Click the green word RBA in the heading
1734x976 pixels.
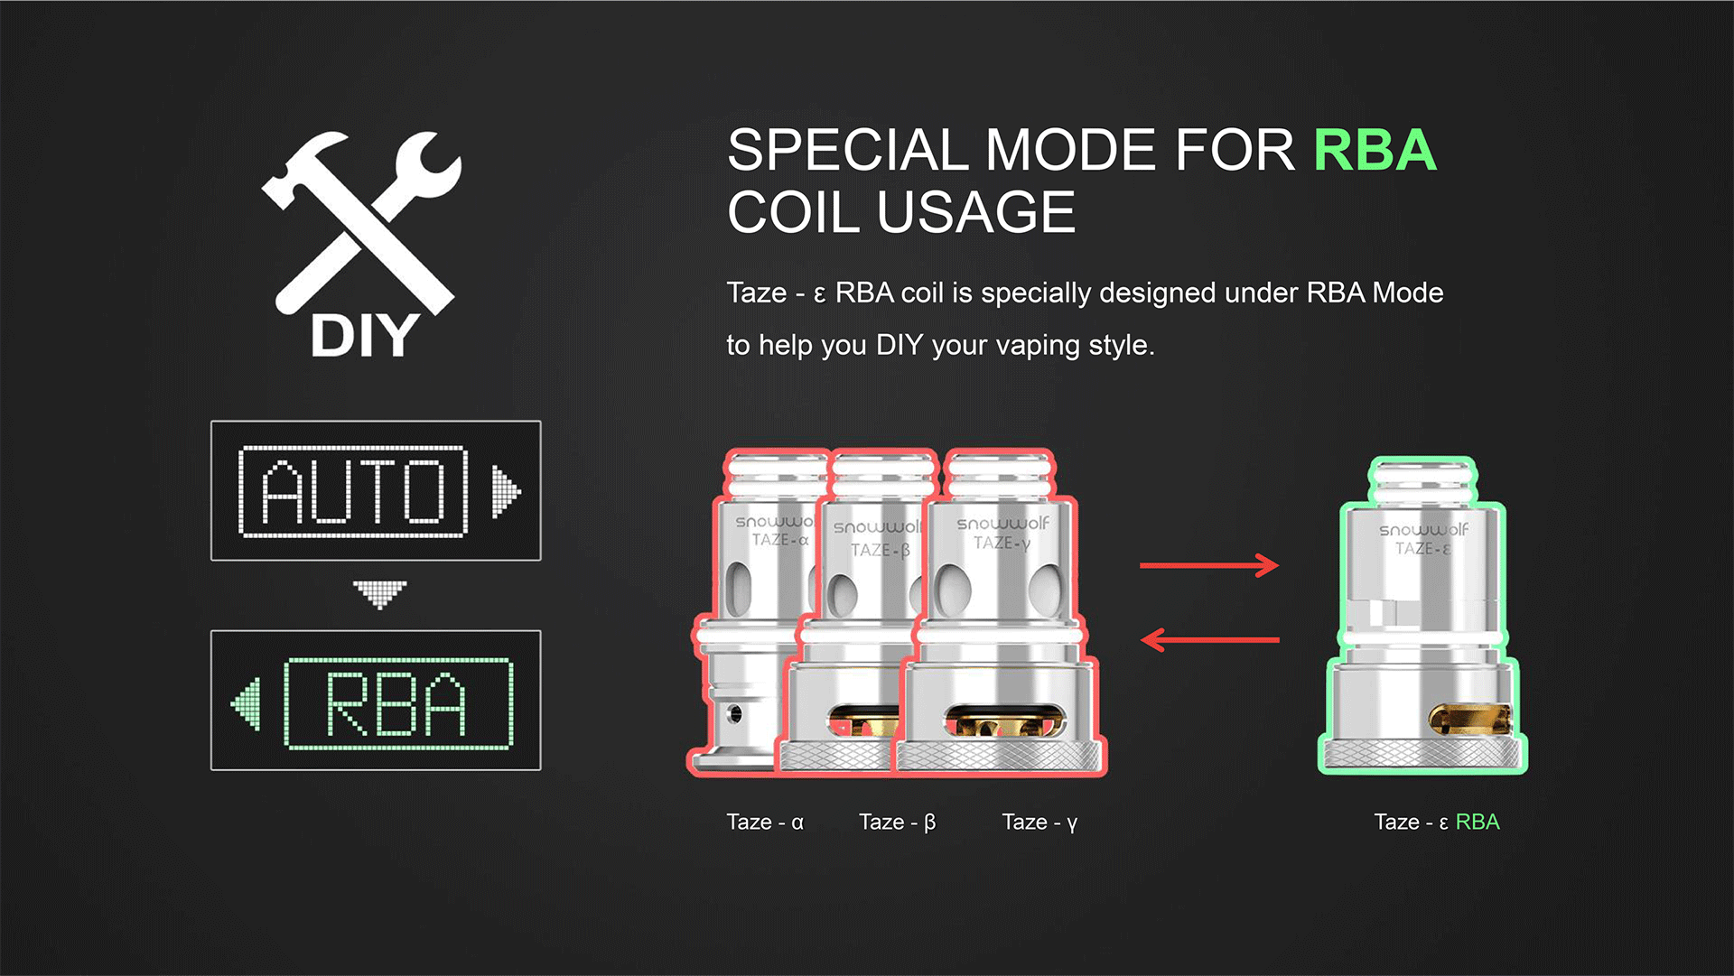tap(1375, 150)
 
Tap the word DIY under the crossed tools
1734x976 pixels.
tap(365, 336)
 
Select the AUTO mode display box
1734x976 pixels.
tap(376, 490)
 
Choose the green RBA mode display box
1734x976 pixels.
tap(376, 701)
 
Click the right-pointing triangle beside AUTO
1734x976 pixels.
tap(505, 492)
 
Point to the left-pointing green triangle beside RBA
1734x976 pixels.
tap(247, 703)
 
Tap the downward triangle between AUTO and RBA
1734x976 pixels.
tap(379, 594)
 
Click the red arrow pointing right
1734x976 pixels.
tap(1209, 566)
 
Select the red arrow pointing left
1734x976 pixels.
tap(1210, 640)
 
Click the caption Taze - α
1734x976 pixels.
tap(765, 823)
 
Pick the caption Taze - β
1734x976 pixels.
tap(897, 823)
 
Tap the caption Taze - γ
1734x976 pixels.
tap(1039, 823)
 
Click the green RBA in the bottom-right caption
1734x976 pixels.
tap(1478, 822)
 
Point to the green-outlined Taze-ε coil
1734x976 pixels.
tap(1423, 616)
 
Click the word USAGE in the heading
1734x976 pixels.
tap(976, 212)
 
